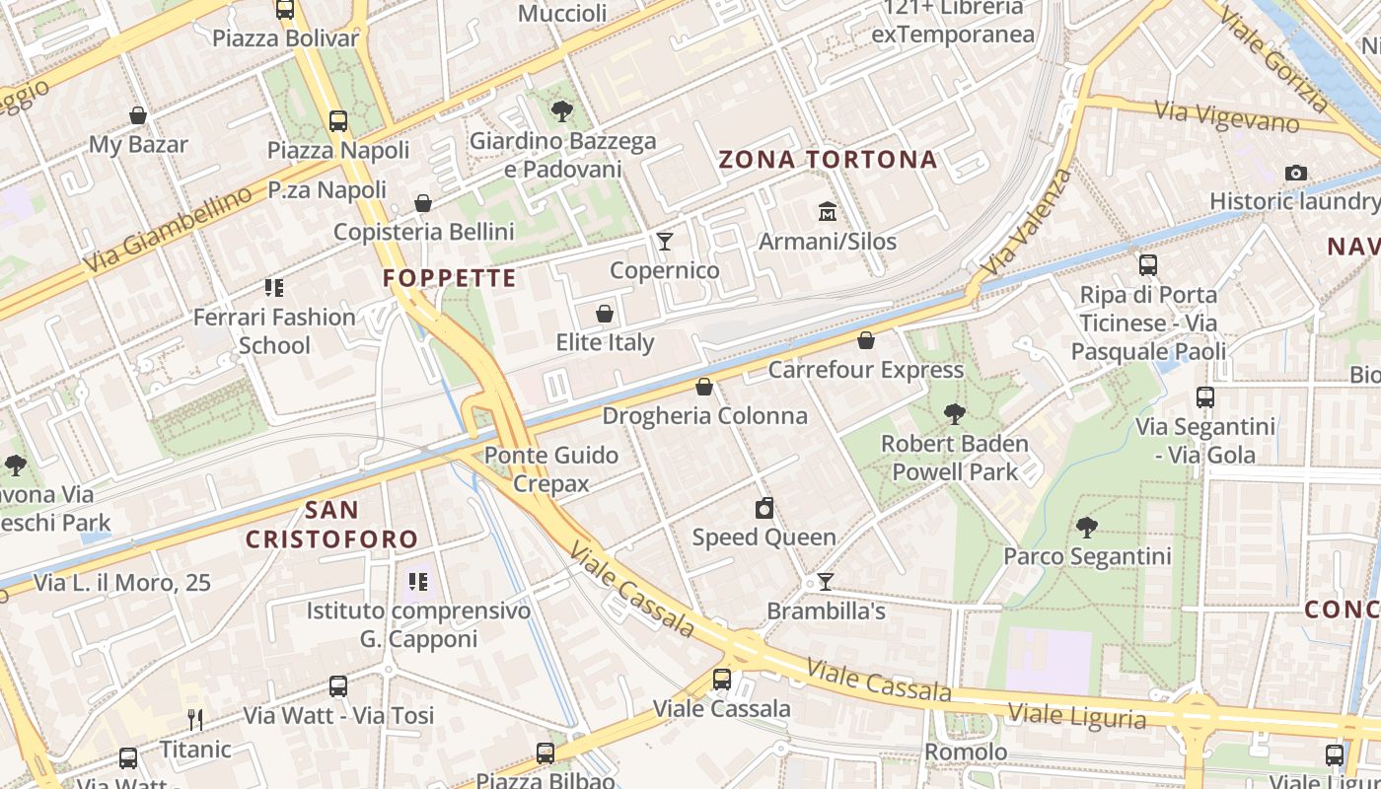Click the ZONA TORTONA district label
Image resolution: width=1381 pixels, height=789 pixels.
click(x=828, y=160)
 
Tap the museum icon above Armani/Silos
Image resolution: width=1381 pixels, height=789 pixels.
click(x=827, y=212)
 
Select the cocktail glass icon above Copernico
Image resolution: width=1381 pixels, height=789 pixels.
click(x=665, y=242)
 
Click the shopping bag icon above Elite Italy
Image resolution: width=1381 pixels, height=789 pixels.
click(x=605, y=315)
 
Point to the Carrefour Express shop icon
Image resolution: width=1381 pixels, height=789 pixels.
click(x=865, y=341)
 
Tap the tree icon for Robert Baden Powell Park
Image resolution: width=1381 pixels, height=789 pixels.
click(x=954, y=414)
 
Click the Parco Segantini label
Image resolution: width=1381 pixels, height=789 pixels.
click(x=1087, y=556)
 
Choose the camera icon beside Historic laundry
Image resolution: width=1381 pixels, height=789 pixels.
click(x=1296, y=174)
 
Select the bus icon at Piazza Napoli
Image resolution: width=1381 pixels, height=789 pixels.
click(x=338, y=121)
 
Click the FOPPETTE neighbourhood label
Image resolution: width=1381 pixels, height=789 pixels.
click(x=450, y=278)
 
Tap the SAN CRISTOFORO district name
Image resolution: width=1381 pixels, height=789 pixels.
click(x=331, y=525)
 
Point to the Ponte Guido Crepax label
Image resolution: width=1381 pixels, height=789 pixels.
click(x=551, y=469)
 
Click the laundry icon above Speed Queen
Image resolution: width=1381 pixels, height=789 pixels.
click(x=763, y=509)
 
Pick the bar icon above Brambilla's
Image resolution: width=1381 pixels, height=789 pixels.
click(x=826, y=582)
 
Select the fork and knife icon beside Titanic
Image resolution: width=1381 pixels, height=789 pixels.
click(x=195, y=720)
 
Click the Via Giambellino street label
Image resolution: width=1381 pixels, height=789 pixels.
click(x=168, y=232)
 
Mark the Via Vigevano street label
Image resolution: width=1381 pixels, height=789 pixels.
click(x=1227, y=116)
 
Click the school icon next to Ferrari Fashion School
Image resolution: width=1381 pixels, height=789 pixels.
click(x=274, y=288)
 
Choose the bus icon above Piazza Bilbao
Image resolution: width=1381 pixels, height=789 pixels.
click(x=545, y=753)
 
